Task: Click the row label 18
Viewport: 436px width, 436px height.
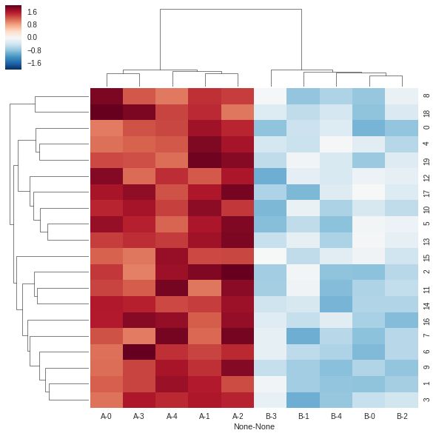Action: [x=426, y=112]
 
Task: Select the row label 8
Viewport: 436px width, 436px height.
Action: [x=426, y=96]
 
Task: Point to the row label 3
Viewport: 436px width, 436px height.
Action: [x=426, y=400]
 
